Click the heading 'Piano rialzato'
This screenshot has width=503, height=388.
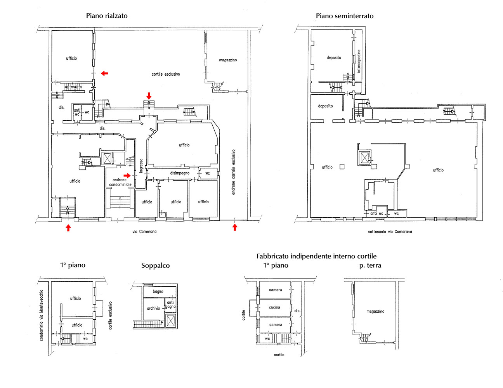pyautogui.click(x=107, y=16)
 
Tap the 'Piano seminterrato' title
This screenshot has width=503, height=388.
pyautogui.click(x=344, y=16)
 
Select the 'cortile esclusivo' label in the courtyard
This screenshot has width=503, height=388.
pyautogui.click(x=166, y=74)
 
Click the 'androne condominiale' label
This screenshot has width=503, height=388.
pyautogui.click(x=120, y=182)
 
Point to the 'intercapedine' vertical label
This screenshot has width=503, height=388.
pyautogui.click(x=359, y=61)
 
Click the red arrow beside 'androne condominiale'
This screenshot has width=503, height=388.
pyautogui.click(x=127, y=175)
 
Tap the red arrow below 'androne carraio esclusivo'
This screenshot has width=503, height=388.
pyautogui.click(x=235, y=227)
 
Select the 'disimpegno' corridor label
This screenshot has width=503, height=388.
pyautogui.click(x=180, y=173)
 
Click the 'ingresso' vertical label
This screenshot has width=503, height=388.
pyautogui.click(x=141, y=165)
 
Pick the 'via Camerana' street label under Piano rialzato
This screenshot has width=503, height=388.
pyautogui.click(x=144, y=231)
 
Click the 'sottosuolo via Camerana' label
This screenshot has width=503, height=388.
pyautogui.click(x=390, y=231)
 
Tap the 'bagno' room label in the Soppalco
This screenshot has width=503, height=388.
pyautogui.click(x=158, y=291)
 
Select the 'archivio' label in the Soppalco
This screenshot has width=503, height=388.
pyautogui.click(x=153, y=308)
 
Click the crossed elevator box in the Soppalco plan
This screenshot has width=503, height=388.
pyautogui.click(x=171, y=321)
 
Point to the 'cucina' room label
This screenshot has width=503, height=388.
pyautogui.click(x=274, y=307)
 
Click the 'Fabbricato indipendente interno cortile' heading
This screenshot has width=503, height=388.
pyautogui.click(x=316, y=256)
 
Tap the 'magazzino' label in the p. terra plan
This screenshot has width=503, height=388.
pyautogui.click(x=375, y=312)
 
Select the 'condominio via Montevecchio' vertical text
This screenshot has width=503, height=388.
pyautogui.click(x=41, y=315)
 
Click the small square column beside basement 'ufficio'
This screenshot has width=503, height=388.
pyautogui.click(x=342, y=166)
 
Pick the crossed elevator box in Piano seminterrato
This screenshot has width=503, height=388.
pyautogui.click(x=364, y=158)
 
